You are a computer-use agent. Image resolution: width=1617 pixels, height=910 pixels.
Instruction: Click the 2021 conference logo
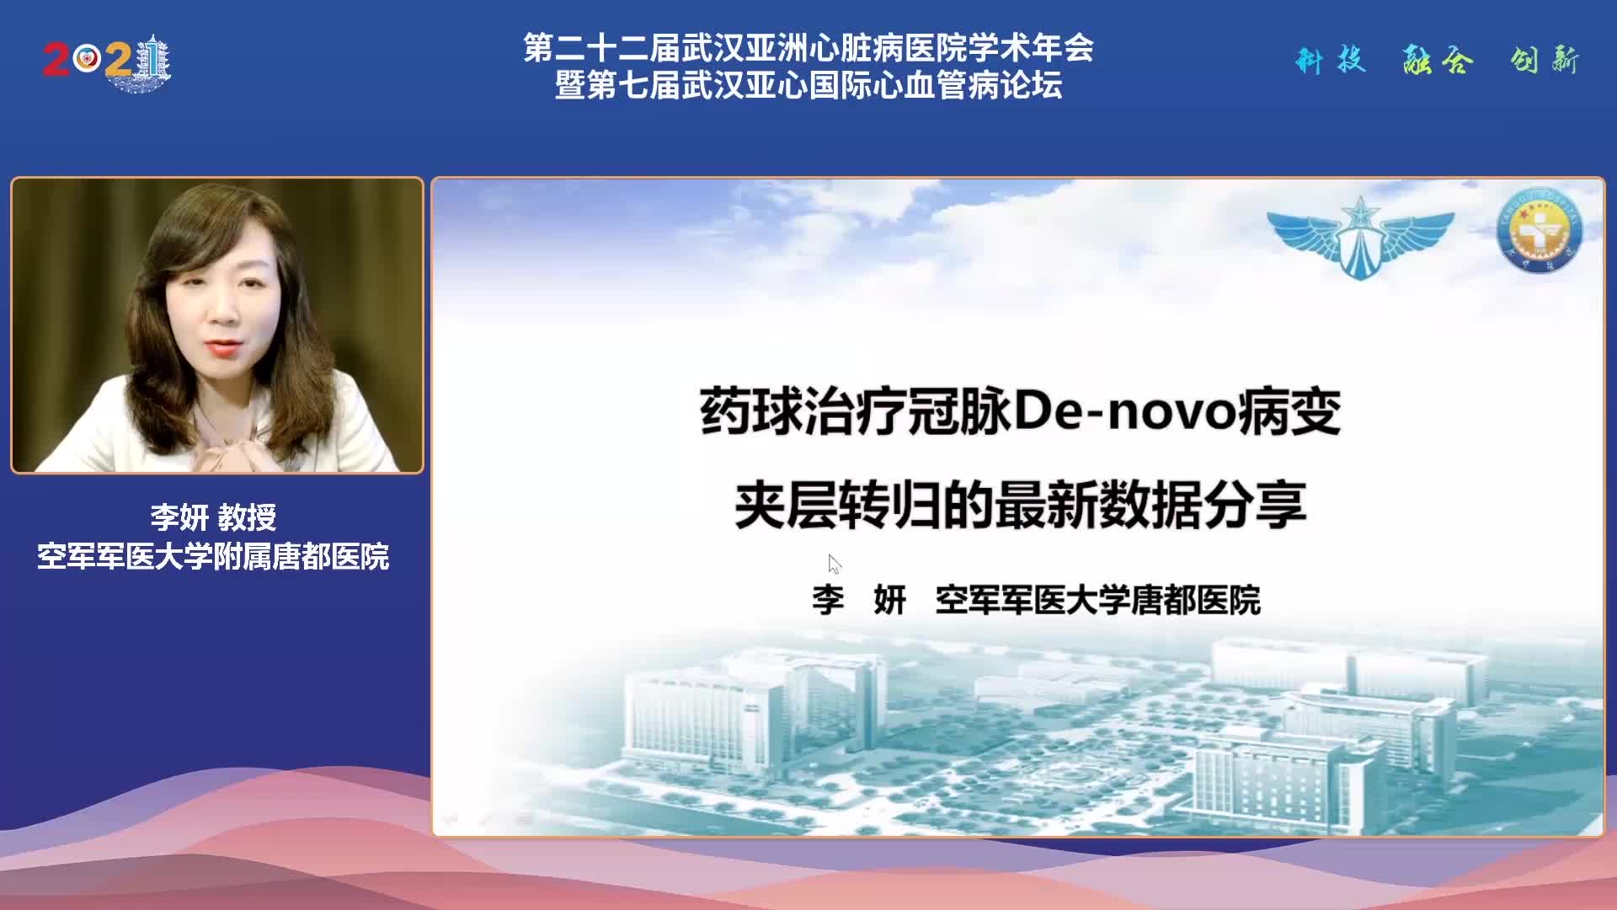point(107,62)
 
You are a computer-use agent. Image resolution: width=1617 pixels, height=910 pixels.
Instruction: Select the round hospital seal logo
point(1539,230)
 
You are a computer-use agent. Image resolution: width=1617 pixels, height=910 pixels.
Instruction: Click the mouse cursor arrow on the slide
point(834,564)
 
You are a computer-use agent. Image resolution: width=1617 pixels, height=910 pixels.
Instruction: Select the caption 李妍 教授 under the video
point(213,517)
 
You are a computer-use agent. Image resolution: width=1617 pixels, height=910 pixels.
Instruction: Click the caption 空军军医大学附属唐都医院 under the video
point(213,556)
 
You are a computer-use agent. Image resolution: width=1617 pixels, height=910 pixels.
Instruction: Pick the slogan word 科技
point(1330,61)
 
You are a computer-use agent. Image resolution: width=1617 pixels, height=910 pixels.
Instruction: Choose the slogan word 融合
point(1438,61)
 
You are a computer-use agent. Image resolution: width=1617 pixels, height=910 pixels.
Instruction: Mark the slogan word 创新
point(1545,61)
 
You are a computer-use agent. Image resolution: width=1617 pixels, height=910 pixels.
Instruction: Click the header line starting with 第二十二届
point(808,48)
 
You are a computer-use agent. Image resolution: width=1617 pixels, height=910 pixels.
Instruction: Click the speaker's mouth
point(222,346)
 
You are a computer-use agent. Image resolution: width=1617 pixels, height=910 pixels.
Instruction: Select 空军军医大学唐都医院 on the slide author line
point(1097,600)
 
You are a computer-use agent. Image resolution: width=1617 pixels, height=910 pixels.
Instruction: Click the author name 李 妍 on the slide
point(858,600)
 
